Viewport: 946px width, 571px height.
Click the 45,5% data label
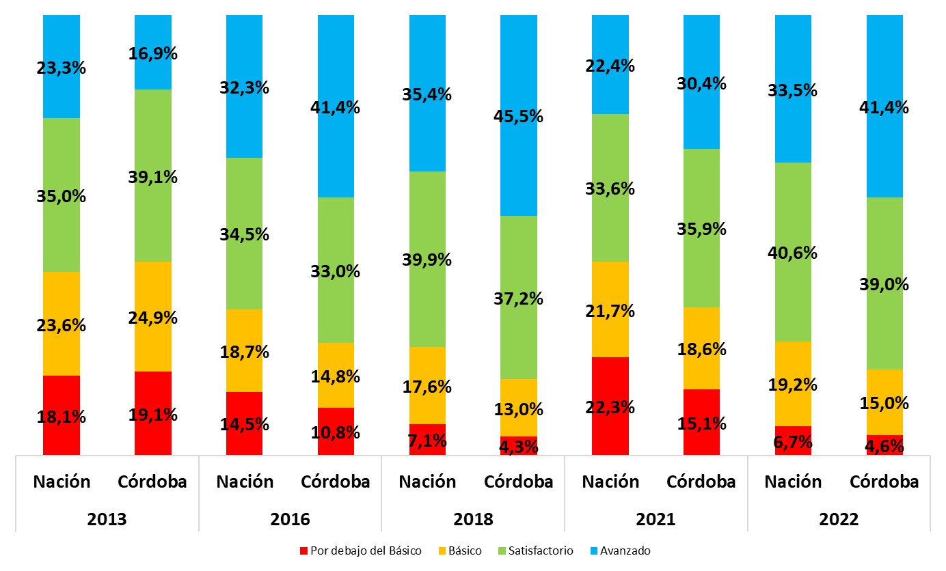coord(519,116)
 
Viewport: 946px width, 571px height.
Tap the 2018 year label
coord(473,519)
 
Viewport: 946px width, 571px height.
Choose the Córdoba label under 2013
coord(152,482)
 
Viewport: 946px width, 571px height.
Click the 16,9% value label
coord(152,53)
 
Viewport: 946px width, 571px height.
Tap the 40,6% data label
coord(793,253)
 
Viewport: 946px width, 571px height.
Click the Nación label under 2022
coord(793,482)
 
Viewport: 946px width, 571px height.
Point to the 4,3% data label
coord(519,447)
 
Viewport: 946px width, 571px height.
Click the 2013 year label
coord(107,519)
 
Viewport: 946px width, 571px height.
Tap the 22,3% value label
coord(610,407)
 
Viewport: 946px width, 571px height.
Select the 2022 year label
coord(839,519)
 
